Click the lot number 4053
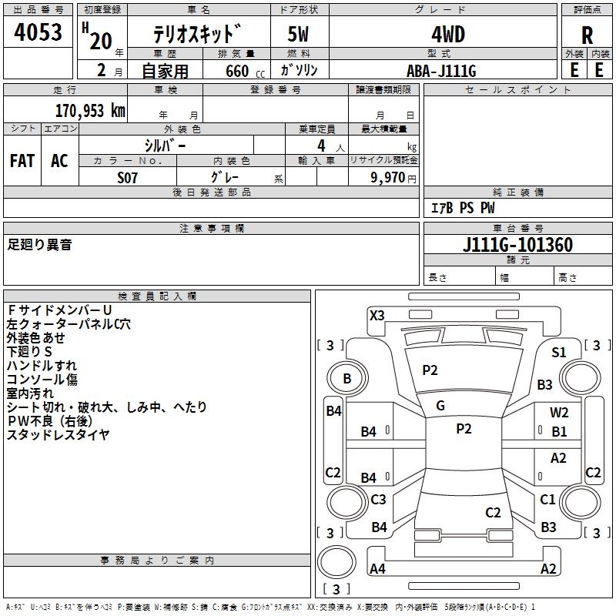tap(38, 32)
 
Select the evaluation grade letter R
tap(587, 35)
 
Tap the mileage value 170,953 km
tap(90, 111)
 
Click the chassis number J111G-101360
tap(517, 245)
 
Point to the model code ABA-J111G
tap(441, 71)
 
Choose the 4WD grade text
tap(448, 35)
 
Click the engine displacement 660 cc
tap(245, 71)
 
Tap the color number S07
tap(127, 178)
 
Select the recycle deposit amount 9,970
tap(388, 177)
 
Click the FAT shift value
tap(22, 161)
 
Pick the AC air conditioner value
tap(59, 161)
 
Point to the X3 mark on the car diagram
tap(377, 316)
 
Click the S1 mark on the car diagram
tap(559, 353)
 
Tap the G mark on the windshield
tap(440, 406)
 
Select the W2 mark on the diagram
tap(559, 412)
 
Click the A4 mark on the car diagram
tap(377, 568)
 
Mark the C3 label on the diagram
tap(378, 499)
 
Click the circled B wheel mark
tap(347, 378)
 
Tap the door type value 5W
tap(298, 35)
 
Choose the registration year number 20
tap(101, 41)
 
